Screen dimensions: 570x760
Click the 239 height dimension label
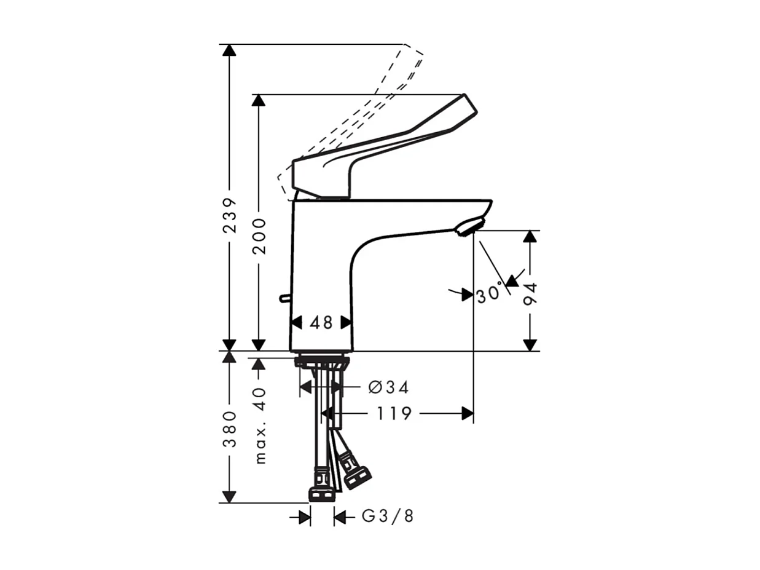click(x=229, y=215)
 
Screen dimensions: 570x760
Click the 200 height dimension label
click(x=259, y=236)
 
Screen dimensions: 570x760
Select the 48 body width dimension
click(x=321, y=322)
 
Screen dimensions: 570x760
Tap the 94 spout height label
click(x=531, y=295)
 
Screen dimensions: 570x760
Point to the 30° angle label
click(x=490, y=295)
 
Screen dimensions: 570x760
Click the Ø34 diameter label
click(x=388, y=387)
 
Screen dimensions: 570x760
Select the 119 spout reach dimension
click(x=394, y=414)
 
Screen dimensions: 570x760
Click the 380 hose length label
click(x=229, y=429)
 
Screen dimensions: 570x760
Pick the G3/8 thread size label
click(x=388, y=517)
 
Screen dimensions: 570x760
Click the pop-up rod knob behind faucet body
click(x=284, y=298)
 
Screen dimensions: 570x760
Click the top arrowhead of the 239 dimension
click(x=229, y=50)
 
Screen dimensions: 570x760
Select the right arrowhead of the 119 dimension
click(x=468, y=414)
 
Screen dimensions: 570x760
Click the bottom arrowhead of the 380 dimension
click(x=229, y=497)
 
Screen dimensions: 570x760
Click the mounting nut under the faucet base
click(x=322, y=362)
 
